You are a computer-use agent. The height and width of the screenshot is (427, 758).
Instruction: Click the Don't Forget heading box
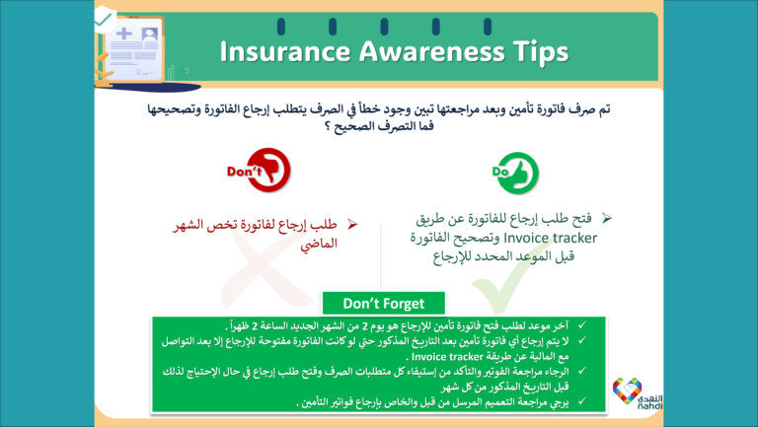[x=385, y=303]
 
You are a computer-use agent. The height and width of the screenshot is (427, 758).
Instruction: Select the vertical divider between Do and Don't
[x=382, y=256]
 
